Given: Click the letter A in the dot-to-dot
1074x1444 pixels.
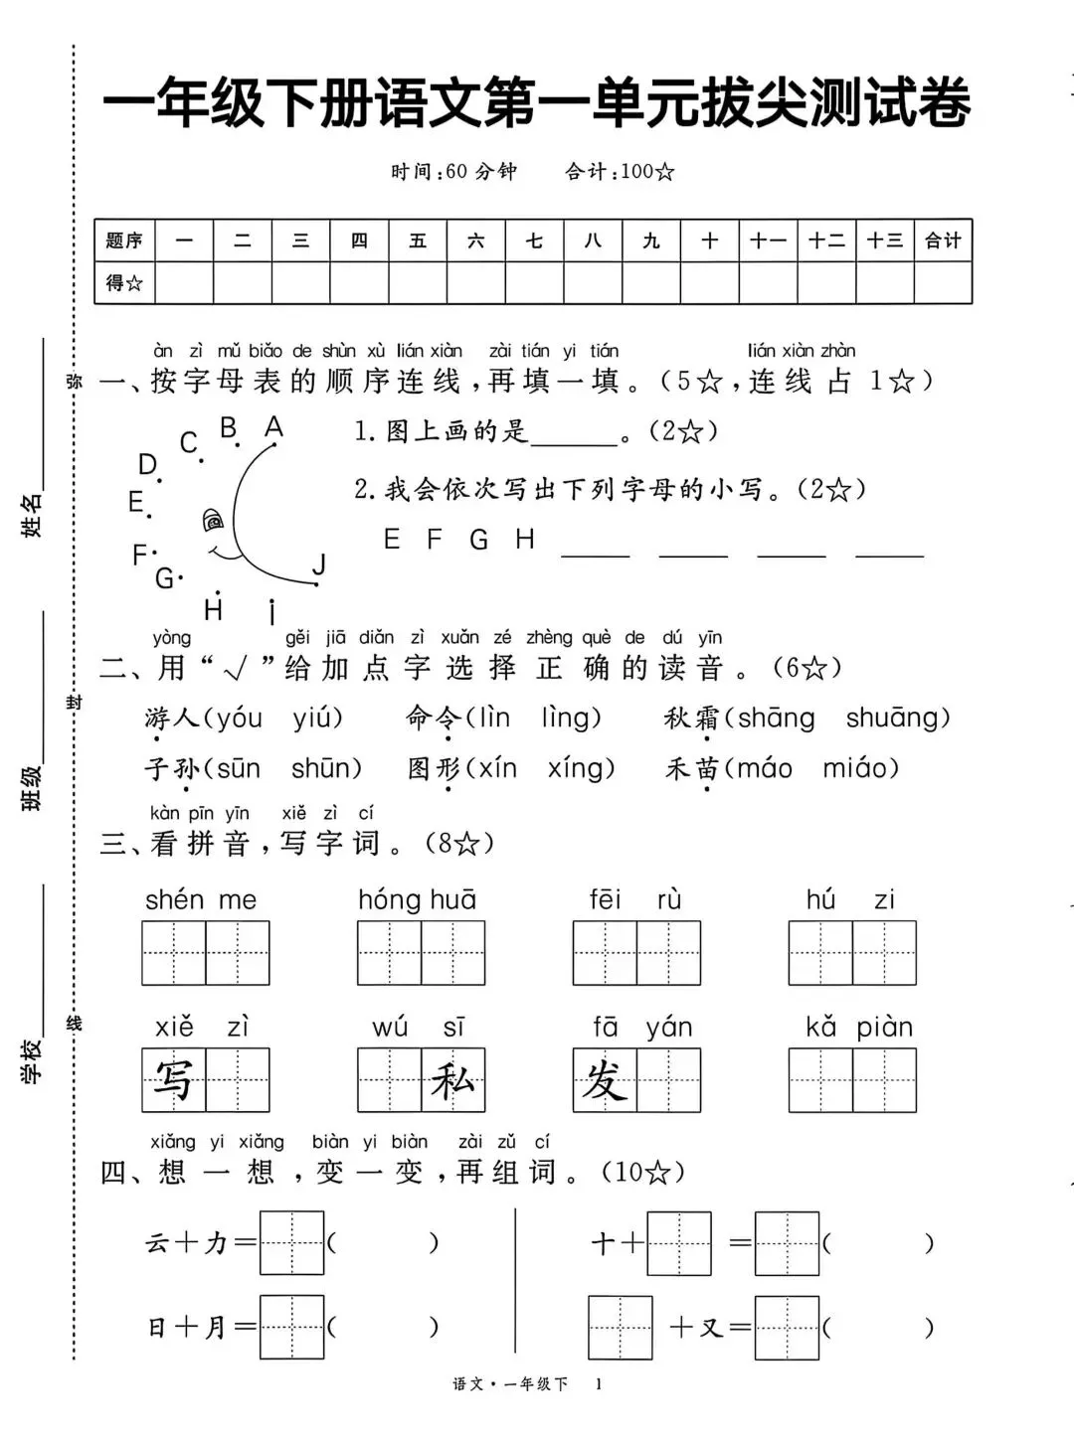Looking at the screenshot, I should click(273, 427).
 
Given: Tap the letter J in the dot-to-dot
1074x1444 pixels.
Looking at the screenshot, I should click(319, 564).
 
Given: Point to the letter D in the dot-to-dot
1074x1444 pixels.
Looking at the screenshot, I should click(147, 464).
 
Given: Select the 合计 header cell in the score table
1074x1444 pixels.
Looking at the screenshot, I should click(942, 241).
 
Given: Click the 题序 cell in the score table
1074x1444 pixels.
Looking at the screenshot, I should click(124, 241).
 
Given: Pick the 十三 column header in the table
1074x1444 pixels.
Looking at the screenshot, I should click(884, 241).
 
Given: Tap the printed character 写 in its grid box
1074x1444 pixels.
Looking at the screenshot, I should click(173, 1079).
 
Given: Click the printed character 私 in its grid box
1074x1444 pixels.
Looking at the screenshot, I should click(452, 1079).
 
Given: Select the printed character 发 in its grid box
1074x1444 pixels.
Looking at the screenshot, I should click(605, 1079).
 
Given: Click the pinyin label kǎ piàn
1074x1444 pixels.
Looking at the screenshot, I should click(858, 1027).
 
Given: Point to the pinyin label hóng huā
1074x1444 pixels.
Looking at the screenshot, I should click(417, 899).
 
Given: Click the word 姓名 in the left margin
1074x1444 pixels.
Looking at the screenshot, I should click(32, 515).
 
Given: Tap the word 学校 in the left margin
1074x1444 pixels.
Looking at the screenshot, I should click(32, 1060).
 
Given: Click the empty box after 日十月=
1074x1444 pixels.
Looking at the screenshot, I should click(291, 1327).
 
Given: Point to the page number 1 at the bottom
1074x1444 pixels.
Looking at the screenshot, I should click(599, 1383).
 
